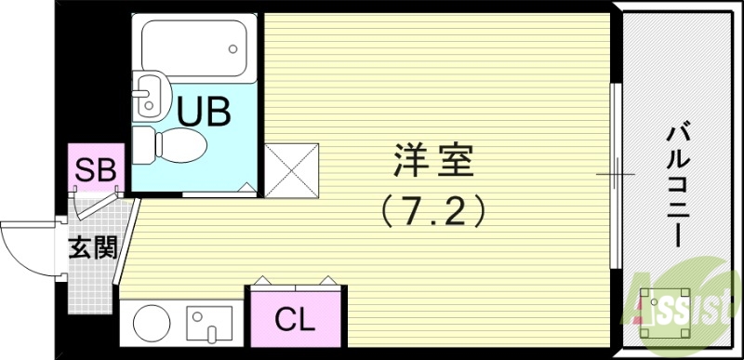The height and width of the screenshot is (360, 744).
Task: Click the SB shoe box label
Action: (x=95, y=169)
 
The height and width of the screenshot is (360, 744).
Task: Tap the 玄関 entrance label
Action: (x=93, y=248)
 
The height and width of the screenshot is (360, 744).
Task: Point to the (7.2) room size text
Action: (x=433, y=213)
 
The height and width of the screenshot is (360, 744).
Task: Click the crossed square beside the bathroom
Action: (x=291, y=170)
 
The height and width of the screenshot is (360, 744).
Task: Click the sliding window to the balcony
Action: (x=614, y=174)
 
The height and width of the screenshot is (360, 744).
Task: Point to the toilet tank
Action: (x=142, y=144)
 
